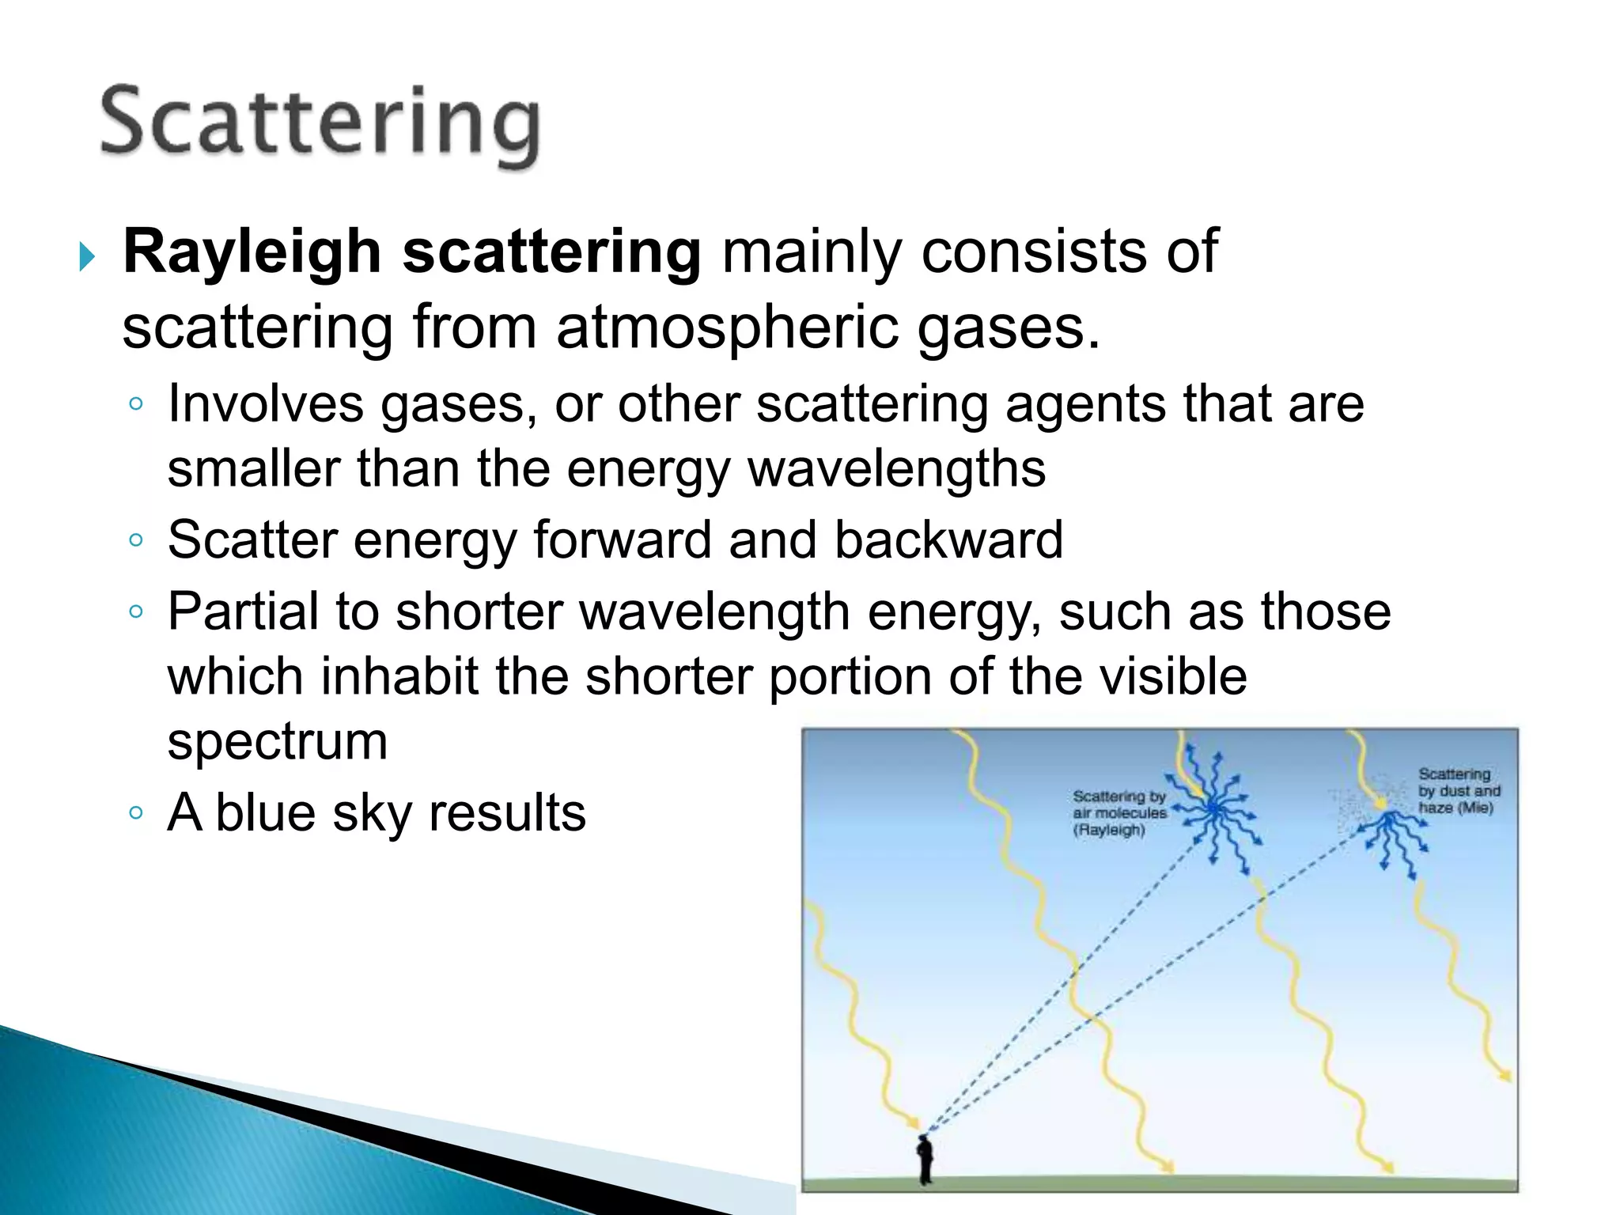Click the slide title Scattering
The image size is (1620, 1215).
pyautogui.click(x=320, y=125)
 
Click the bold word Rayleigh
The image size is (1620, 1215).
pyautogui.click(x=252, y=252)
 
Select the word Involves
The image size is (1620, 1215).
pyautogui.click(x=265, y=404)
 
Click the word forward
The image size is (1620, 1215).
pyautogui.click(x=622, y=540)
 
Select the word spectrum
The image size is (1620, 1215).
pyautogui.click(x=278, y=742)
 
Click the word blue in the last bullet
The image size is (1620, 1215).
pyautogui.click(x=264, y=813)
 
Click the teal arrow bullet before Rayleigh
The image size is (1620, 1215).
pyautogui.click(x=87, y=257)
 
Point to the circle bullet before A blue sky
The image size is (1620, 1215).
pyautogui.click(x=136, y=813)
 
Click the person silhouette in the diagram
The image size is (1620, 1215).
pyautogui.click(x=925, y=1159)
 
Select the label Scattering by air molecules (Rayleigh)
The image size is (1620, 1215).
pyautogui.click(x=1118, y=813)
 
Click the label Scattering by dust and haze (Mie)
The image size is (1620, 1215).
pyautogui.click(x=1458, y=790)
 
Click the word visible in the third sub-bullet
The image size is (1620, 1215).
pyautogui.click(x=1182, y=677)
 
